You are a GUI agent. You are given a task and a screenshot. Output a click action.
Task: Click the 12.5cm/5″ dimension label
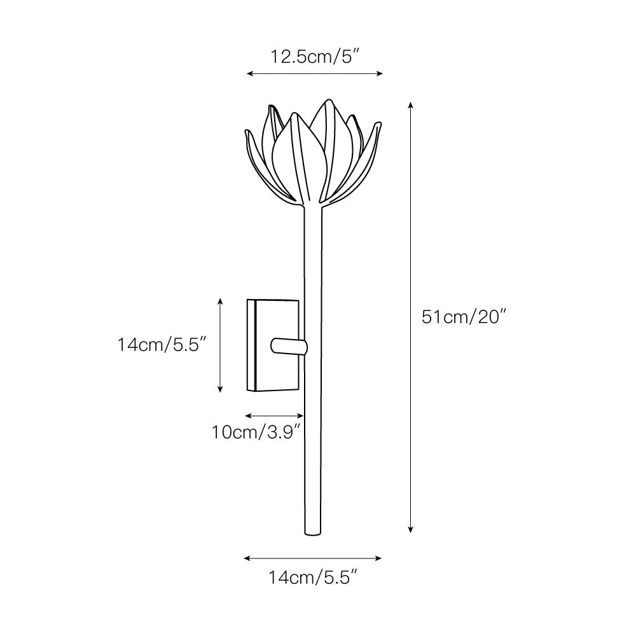[315, 57]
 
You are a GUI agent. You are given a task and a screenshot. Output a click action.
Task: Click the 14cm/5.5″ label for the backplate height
[163, 345]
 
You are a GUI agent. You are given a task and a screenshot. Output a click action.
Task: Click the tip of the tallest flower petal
[328, 101]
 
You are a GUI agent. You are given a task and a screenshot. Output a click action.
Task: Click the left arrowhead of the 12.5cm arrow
[249, 74]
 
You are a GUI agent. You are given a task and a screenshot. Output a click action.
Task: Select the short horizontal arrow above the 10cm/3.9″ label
[274, 416]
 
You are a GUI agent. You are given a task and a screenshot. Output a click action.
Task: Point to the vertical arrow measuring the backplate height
[220, 345]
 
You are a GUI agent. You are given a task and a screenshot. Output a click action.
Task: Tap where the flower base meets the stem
[315, 205]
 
